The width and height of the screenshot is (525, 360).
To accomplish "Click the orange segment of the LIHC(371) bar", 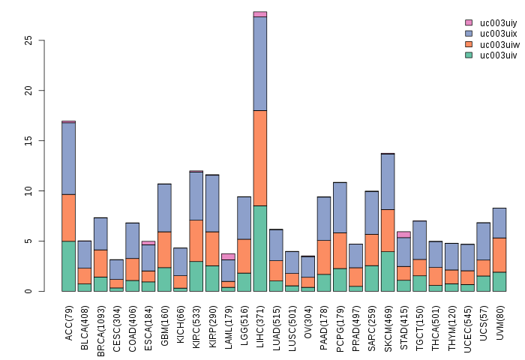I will pos(260,157).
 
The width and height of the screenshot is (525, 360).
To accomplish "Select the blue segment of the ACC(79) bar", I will pos(68,158).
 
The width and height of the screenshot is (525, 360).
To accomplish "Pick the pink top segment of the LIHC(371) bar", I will pos(260,14).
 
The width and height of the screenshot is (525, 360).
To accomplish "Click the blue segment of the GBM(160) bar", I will pos(164,208).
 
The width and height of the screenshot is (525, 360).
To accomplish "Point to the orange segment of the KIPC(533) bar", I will pos(196,240).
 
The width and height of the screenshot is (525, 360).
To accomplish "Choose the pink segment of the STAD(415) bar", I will pos(403,234).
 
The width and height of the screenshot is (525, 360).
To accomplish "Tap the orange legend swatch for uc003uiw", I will pos(469,44).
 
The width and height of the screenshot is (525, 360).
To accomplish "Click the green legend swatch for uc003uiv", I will pos(469,55).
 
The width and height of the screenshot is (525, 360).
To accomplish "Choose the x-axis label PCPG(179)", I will pos(340,323).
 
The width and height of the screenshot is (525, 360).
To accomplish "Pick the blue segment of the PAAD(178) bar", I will pos(324,218).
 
